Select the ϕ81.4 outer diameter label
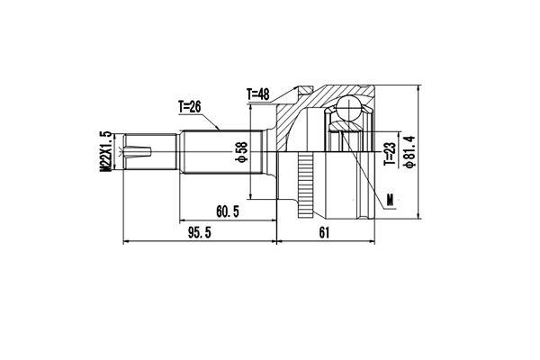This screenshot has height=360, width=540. click(x=410, y=155)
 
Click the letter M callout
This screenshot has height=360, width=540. click(x=389, y=199)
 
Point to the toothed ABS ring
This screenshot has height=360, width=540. click(x=306, y=184)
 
